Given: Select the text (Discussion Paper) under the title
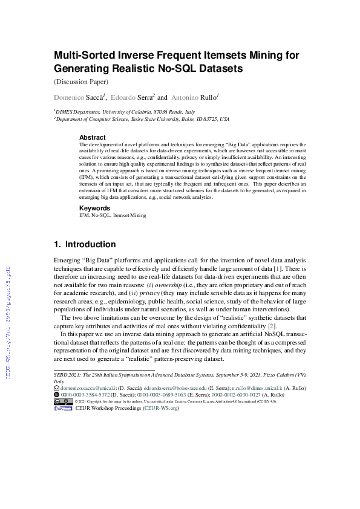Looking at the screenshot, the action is pos(81,82).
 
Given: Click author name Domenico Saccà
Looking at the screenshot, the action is pos(80,97).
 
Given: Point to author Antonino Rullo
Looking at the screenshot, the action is pos(194,97).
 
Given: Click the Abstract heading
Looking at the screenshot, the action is pos(93,137).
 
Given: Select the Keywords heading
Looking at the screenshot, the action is pos(95,207).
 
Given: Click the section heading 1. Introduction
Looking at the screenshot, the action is pos(85,245).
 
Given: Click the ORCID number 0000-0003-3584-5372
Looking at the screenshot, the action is pos(85,394).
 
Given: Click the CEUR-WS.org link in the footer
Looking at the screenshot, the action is pos(161,408).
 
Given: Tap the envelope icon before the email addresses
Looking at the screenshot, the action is pos(56,387).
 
